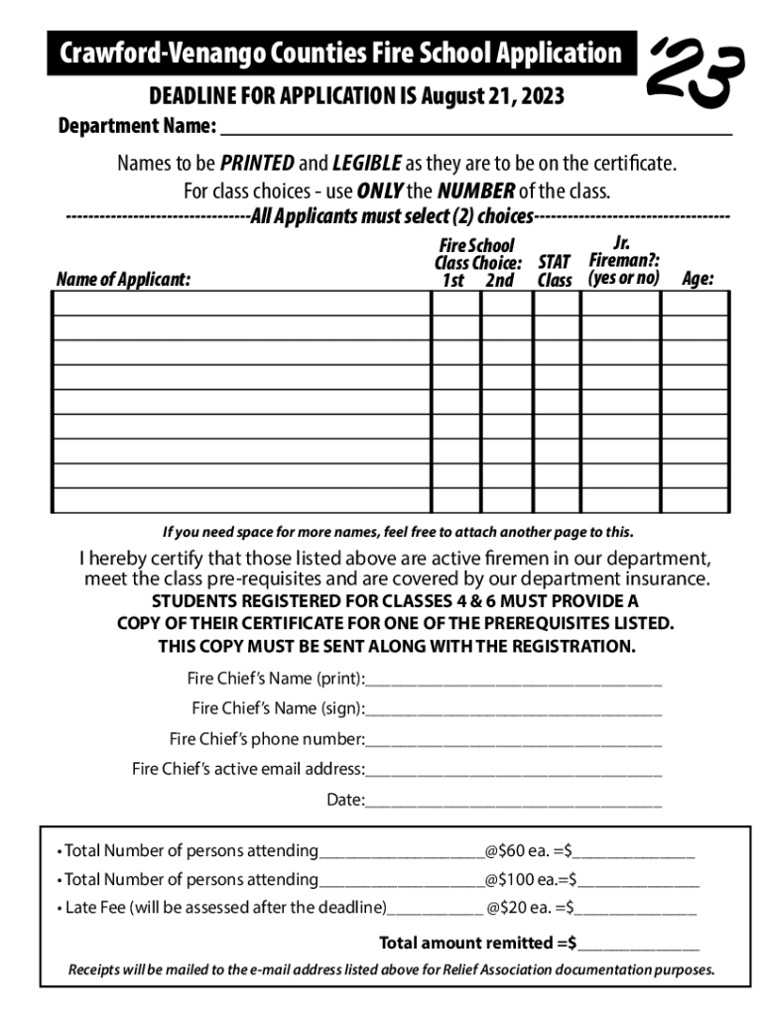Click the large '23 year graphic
tap(695, 71)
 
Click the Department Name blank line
tap(475, 128)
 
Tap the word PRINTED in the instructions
tap(257, 163)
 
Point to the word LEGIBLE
tap(367, 163)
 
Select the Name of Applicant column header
tap(123, 280)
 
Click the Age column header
tap(698, 280)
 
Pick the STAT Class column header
tap(555, 271)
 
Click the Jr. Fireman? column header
tap(622, 261)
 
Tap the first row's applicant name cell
tap(240, 304)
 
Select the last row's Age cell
tap(696, 500)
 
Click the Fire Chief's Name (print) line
tap(513, 680)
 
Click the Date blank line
tap(513, 800)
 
